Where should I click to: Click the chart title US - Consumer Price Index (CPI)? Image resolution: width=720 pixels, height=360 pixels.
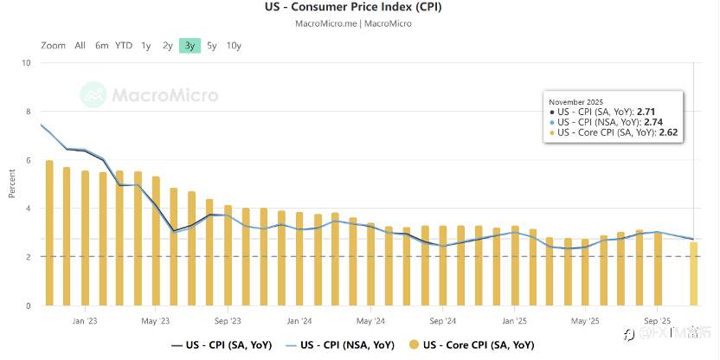[x=360, y=8]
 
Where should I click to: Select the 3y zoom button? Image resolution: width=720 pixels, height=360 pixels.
[x=190, y=45]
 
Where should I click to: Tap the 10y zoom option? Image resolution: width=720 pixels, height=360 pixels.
[x=234, y=45]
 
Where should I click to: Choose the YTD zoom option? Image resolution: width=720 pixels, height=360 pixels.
[x=124, y=45]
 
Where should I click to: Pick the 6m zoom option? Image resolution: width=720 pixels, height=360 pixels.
[x=102, y=45]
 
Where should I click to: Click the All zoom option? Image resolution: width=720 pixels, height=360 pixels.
[x=80, y=45]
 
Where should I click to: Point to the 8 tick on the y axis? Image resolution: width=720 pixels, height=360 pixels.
[x=28, y=112]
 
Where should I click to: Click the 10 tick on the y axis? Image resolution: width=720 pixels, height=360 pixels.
[x=26, y=63]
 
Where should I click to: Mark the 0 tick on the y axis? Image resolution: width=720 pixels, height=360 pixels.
[x=28, y=305]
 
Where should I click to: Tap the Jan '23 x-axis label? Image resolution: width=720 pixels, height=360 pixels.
[x=85, y=319]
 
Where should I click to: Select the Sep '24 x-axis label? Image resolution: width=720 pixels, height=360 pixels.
[x=442, y=319]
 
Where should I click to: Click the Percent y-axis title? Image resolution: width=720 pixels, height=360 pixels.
[x=12, y=183]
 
